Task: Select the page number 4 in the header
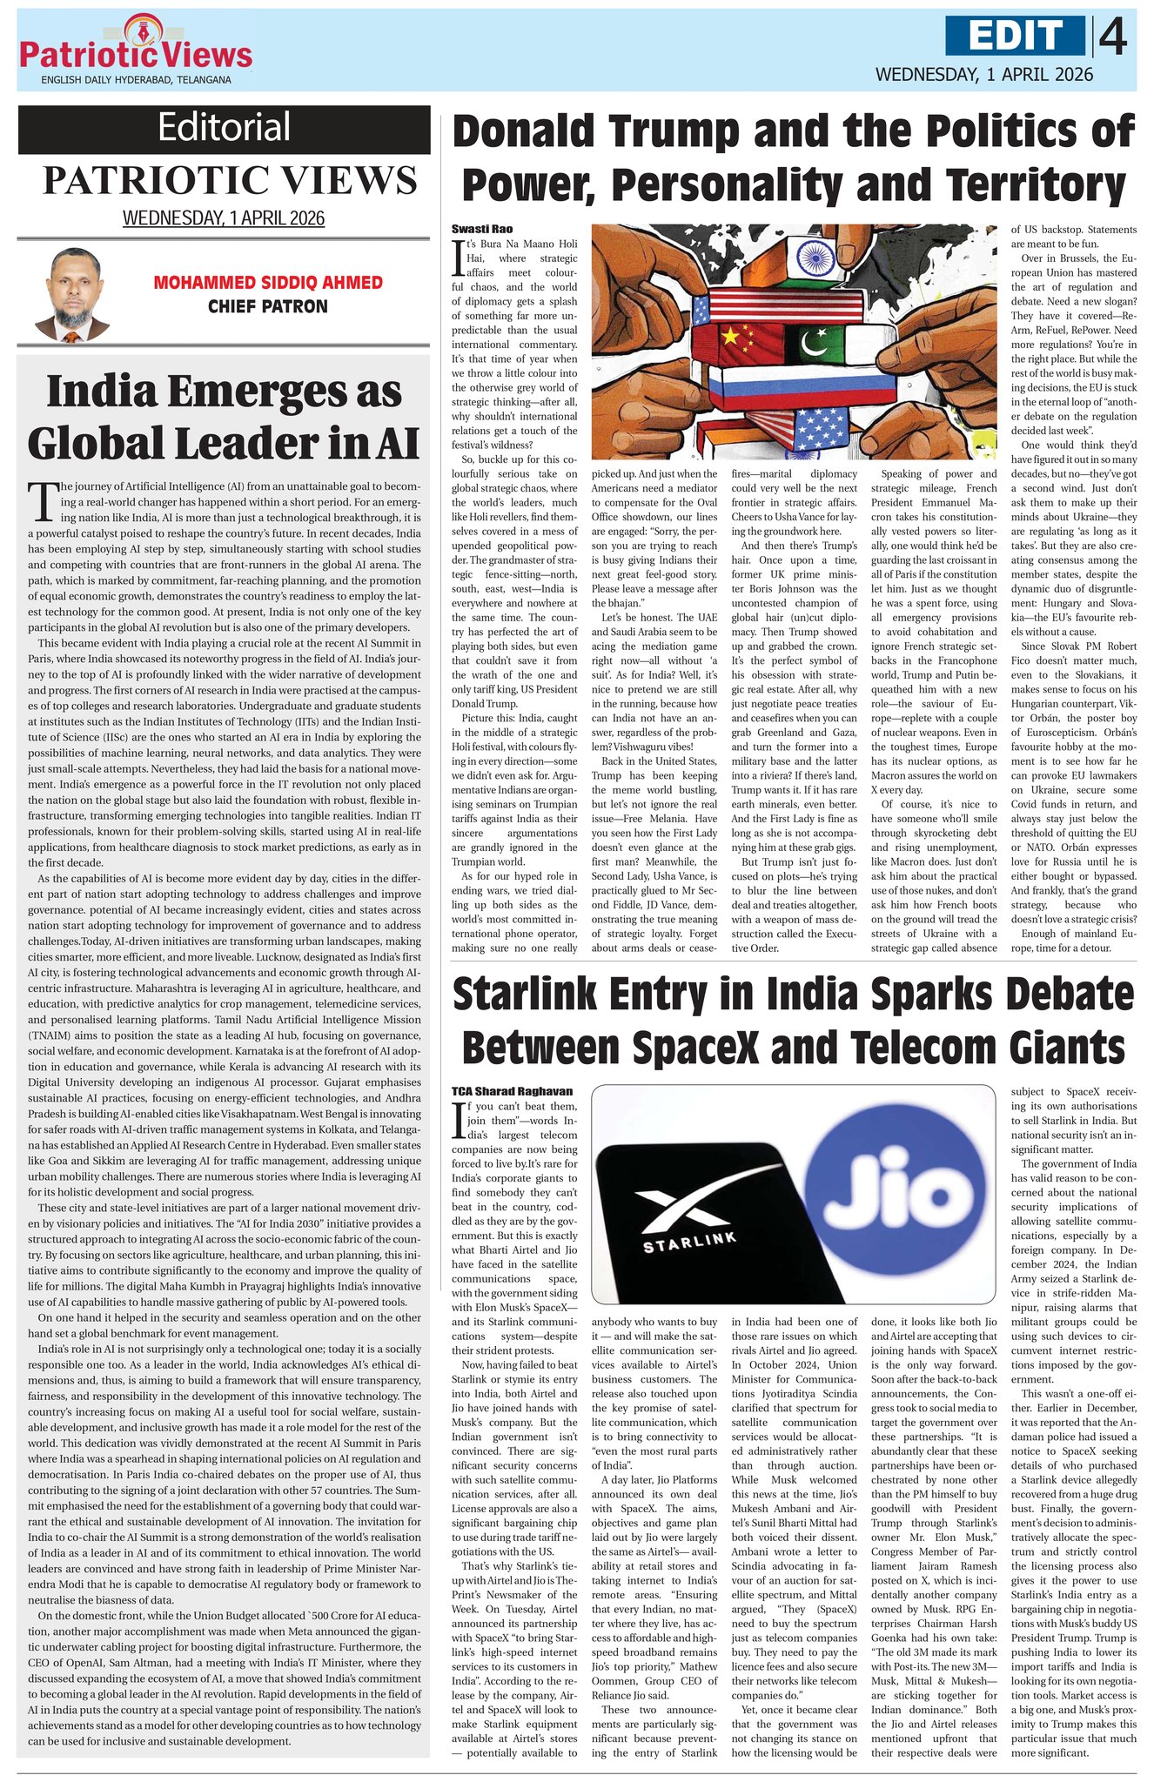click(1113, 37)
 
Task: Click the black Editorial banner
click(224, 129)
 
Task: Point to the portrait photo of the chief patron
click(73, 296)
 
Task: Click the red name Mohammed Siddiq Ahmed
click(268, 283)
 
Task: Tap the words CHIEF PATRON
click(268, 306)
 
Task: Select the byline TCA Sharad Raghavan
click(512, 1090)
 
